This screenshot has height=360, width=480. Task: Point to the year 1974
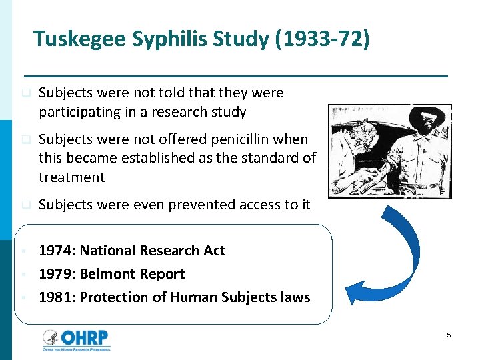(x=56, y=251)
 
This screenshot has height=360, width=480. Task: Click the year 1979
(x=56, y=274)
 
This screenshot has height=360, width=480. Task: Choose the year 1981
(x=56, y=297)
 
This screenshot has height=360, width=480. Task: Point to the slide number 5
(x=449, y=335)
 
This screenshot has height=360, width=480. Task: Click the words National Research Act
(x=152, y=251)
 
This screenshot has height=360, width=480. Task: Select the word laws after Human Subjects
(x=294, y=297)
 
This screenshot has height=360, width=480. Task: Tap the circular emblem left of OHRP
(x=51, y=339)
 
